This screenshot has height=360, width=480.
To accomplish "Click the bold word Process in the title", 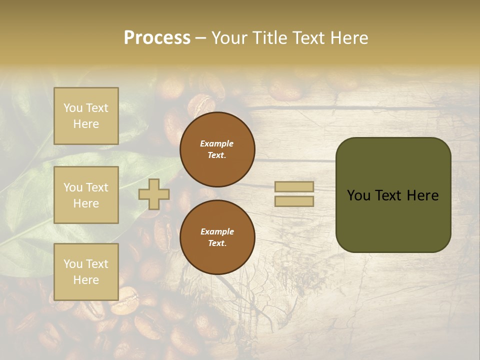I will pyautogui.click(x=157, y=38).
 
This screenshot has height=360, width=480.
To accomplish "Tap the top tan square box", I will pyautogui.click(x=86, y=116).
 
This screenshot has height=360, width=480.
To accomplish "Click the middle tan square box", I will pyautogui.click(x=86, y=195).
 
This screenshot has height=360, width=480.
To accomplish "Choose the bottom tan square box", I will pyautogui.click(x=86, y=272).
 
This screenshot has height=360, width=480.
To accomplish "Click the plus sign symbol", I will pyautogui.click(x=154, y=194).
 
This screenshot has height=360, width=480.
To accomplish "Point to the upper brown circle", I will pyautogui.click(x=217, y=149).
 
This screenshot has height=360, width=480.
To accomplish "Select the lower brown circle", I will pyautogui.click(x=217, y=237).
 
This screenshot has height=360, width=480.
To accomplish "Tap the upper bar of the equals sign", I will pyautogui.click(x=294, y=187).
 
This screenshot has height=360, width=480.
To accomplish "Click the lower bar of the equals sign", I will pyautogui.click(x=294, y=201).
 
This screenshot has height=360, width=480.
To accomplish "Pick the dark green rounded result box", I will pyautogui.click(x=393, y=195).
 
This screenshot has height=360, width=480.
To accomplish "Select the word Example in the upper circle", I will pyautogui.click(x=217, y=143).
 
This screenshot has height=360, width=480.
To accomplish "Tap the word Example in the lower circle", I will pyautogui.click(x=217, y=231).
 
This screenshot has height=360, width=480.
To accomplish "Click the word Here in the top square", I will pyautogui.click(x=86, y=124).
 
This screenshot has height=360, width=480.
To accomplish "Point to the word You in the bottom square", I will pyautogui.click(x=72, y=263).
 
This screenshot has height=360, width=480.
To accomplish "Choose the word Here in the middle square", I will pyautogui.click(x=86, y=203).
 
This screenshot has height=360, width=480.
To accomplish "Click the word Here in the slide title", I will pyautogui.click(x=348, y=38).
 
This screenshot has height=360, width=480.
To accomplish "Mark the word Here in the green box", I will pyautogui.click(x=422, y=195).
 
